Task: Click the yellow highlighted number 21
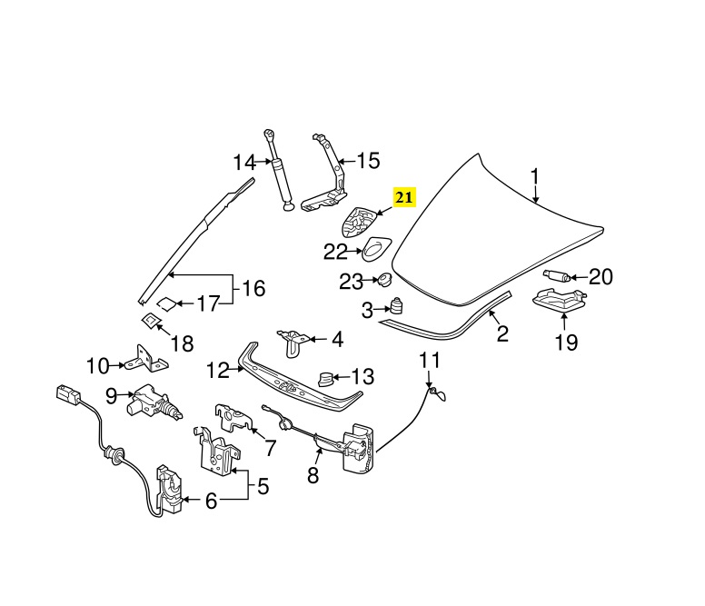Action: point(404,197)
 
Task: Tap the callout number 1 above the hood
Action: point(535,175)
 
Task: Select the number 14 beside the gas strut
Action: point(244,164)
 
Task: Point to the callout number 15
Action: point(367,162)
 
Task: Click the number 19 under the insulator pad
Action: point(566,342)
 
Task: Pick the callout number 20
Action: point(601,276)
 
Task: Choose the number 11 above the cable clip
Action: point(429,361)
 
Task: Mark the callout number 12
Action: point(217,370)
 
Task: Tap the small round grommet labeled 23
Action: point(384,277)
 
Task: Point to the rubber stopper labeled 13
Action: point(325,375)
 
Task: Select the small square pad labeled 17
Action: point(166,303)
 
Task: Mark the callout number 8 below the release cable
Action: point(313,474)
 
